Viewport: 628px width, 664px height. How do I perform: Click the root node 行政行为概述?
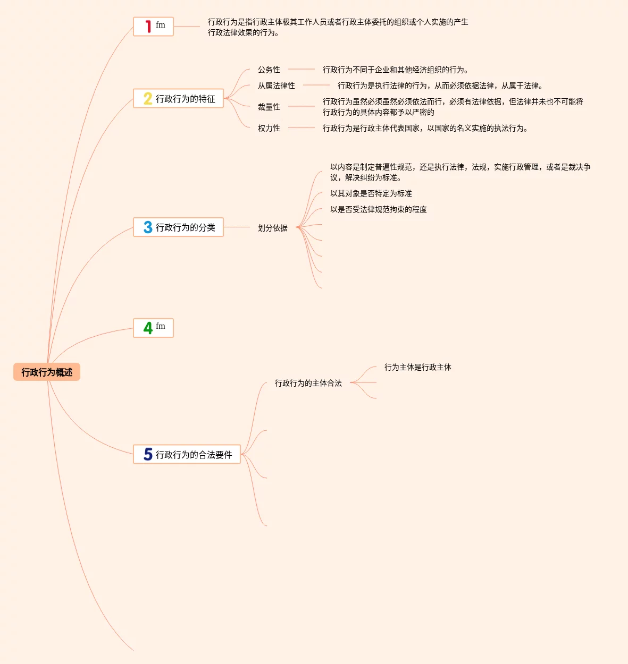[x=47, y=372]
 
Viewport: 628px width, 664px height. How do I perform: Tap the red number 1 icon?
[x=148, y=27]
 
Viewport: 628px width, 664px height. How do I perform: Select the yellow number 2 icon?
[x=148, y=99]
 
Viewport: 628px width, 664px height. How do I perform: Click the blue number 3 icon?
[x=148, y=227]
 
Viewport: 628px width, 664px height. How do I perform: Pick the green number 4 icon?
[x=148, y=328]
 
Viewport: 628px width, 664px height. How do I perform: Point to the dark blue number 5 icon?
[x=148, y=454]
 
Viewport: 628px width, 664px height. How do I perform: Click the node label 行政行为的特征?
[x=186, y=99]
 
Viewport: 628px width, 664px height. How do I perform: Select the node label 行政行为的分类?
[x=186, y=227]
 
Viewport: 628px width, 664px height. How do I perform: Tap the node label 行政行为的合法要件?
[x=194, y=455]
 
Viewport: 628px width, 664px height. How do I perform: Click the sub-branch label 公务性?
[x=269, y=70]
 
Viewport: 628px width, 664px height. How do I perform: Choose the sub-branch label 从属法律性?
[x=277, y=86]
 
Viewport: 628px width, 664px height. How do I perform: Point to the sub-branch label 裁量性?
[x=269, y=107]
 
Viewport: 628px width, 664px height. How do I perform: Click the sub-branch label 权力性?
[x=269, y=128]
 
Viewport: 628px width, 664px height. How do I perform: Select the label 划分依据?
[x=273, y=228]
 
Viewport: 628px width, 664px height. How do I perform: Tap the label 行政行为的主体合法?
[x=308, y=383]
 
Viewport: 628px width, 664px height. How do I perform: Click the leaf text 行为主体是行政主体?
[x=418, y=367]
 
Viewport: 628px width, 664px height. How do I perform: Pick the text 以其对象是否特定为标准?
[x=371, y=193]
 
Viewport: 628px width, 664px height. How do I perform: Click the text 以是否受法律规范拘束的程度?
[x=379, y=209]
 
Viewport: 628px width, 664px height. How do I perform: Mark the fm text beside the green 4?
[x=161, y=326]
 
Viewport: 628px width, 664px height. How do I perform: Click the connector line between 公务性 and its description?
[x=302, y=69]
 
